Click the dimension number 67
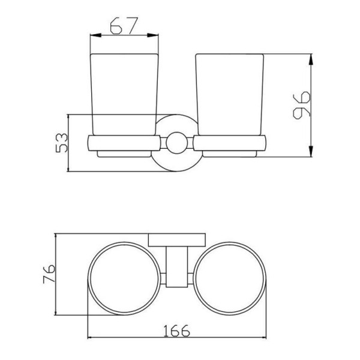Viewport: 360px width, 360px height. coord(124,26)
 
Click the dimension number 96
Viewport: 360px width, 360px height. coord(302,106)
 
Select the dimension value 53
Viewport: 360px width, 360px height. coord(62,143)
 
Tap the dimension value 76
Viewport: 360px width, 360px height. coord(49,274)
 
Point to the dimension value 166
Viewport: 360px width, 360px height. coord(177,331)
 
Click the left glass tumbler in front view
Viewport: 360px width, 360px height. coord(124,95)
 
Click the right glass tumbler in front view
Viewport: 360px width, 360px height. coord(230,95)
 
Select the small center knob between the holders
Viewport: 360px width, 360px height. coord(177,143)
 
